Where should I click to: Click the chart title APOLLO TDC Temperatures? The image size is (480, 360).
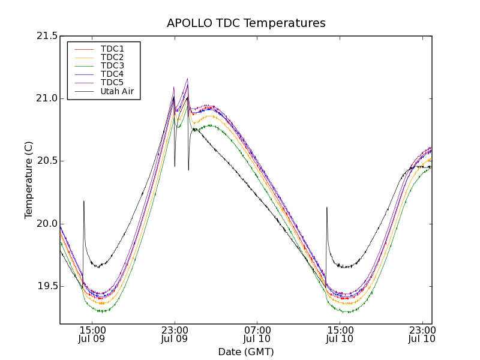(246, 23)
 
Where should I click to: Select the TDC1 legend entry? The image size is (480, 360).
(112, 49)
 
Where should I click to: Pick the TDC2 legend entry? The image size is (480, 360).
(112, 57)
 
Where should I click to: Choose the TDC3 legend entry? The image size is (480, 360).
(112, 65)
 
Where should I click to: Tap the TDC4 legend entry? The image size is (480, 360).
(112, 74)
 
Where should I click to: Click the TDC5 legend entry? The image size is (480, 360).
(112, 82)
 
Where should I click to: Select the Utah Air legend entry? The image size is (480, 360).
(117, 91)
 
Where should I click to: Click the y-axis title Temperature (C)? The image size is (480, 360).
(29, 180)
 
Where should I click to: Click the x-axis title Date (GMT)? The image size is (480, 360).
(246, 352)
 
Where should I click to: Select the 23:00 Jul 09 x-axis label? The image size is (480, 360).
(175, 334)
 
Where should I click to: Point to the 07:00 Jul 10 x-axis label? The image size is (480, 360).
(257, 334)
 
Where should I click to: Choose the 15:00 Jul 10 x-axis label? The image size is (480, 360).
(340, 334)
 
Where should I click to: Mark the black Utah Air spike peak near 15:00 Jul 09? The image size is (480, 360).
(83, 202)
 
